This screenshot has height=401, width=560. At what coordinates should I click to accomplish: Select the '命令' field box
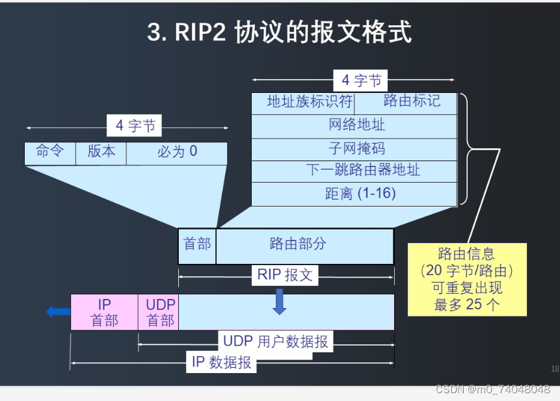coord(50,153)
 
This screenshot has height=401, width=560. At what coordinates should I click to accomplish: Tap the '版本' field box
coord(101,153)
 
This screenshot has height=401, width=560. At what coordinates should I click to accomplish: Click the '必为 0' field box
coord(177,153)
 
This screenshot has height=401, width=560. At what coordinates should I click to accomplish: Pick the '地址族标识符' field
coord(302,103)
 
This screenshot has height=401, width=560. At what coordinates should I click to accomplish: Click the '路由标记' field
coord(407,103)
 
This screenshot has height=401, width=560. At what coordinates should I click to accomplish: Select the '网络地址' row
coord(354,126)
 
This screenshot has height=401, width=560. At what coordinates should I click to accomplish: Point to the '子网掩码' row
coord(354,149)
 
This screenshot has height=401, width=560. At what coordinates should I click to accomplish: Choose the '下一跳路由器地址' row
coord(354,171)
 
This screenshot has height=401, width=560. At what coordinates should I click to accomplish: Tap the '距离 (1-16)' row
coord(354,194)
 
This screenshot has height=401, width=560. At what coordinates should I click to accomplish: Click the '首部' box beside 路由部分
coord(197,245)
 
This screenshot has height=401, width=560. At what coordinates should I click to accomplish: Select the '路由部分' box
coord(304,245)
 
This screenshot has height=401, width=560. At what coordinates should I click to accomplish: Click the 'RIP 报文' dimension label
coord(285,275)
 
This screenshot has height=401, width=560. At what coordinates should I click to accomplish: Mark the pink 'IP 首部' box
coord(104,312)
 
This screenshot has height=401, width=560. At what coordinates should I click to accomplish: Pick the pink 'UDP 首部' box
coord(159,312)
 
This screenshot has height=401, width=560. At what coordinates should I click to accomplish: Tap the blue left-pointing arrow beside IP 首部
coord(58,312)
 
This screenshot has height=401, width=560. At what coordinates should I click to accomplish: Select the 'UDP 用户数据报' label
coord(276,341)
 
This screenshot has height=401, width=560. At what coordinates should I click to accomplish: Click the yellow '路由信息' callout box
coord(466,279)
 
